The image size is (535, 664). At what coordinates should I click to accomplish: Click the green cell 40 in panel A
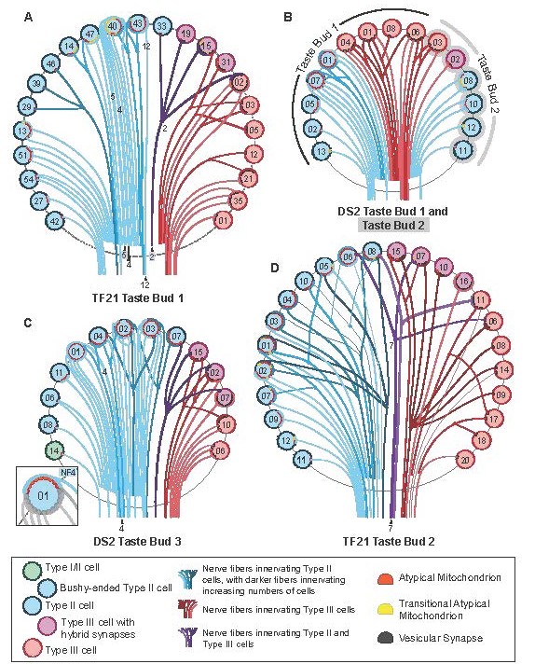click(113, 27)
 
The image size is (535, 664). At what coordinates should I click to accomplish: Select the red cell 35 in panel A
click(239, 200)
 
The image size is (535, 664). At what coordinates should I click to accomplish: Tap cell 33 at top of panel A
click(162, 24)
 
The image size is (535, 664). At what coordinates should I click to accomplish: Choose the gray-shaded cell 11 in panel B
click(462, 148)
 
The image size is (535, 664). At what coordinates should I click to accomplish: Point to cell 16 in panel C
click(198, 352)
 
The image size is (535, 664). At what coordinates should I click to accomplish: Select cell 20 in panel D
click(465, 460)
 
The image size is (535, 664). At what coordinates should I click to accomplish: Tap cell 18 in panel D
click(482, 439)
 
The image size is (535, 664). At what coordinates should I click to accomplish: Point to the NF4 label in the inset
click(66, 473)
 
